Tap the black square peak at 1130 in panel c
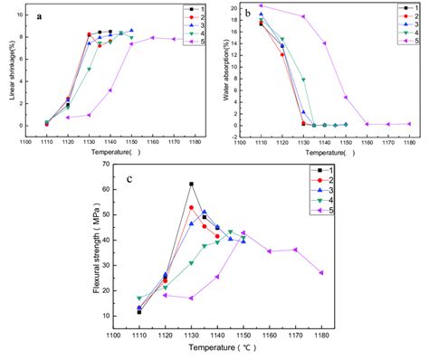click(191, 184)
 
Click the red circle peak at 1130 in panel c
click(191, 207)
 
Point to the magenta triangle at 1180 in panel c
click(321, 272)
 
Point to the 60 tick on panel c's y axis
click(118, 189)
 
